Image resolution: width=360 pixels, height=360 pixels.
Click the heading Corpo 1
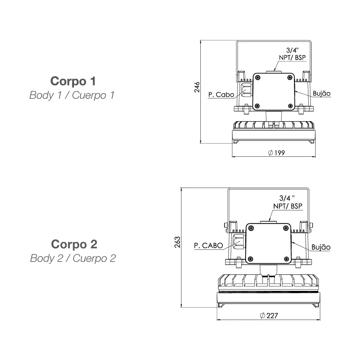tap(73, 81)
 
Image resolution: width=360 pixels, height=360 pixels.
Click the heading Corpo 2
tap(74, 244)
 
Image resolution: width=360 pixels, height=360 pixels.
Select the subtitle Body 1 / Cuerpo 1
tap(72, 96)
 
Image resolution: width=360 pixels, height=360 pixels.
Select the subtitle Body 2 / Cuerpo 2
tap(73, 258)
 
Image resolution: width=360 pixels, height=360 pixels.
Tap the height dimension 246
tap(197, 87)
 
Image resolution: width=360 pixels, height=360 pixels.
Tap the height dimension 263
tap(178, 242)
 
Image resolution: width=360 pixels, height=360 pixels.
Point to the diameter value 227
tap(269, 316)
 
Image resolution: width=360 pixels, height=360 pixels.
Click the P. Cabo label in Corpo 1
tap(221, 95)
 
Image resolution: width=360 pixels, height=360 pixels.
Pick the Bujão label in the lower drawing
tap(321, 247)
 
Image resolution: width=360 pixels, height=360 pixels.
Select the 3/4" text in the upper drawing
tap(292, 50)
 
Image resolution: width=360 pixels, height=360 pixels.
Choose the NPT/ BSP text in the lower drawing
tap(288, 206)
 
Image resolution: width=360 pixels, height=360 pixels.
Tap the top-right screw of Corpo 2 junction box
tap(285, 228)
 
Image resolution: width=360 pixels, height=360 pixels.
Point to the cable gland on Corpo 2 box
tap(239, 242)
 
